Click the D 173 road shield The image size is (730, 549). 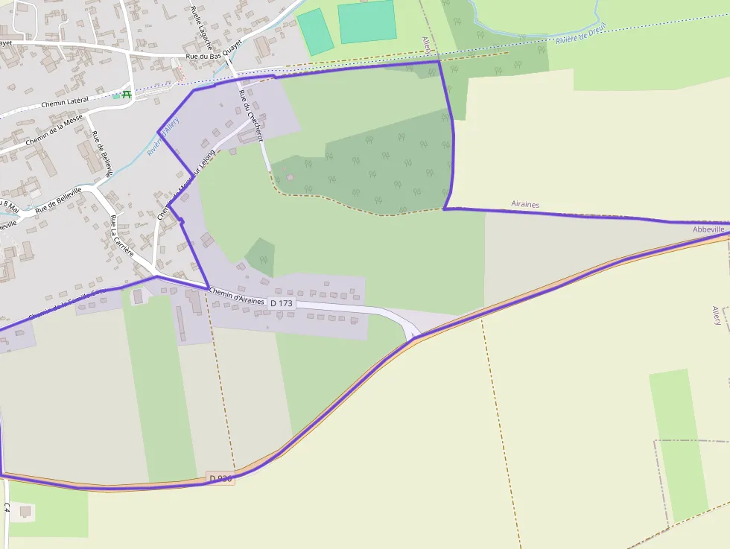pos(282,303)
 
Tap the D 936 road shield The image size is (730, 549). pos(221,479)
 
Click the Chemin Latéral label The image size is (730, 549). pos(65,101)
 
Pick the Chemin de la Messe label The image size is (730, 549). pos(54,130)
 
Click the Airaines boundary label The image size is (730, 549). pos(525,203)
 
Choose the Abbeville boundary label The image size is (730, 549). pos(708,229)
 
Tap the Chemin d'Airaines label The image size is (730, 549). pos(237,296)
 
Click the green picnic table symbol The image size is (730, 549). pos(126,95)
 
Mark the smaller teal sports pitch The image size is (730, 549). pos(316,31)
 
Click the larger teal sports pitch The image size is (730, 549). pos(367,21)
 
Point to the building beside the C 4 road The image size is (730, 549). pos(25,512)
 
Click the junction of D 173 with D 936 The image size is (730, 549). pos(414,337)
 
